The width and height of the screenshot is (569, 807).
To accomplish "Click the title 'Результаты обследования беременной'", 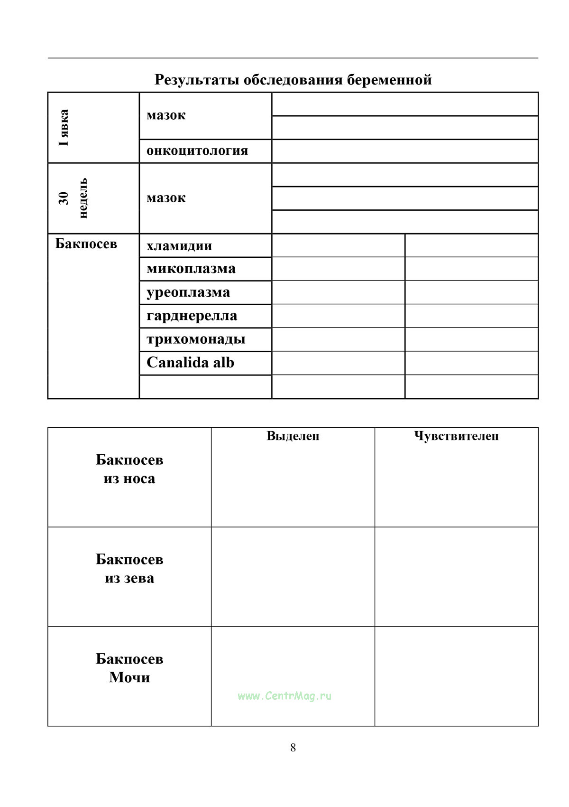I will point(293,79).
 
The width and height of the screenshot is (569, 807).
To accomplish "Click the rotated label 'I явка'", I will point(64,128).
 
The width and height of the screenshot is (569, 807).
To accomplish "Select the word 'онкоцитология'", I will point(197,150).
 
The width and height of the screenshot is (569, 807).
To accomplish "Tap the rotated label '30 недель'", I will point(73,198).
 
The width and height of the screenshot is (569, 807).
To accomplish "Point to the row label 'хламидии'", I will point(179,246).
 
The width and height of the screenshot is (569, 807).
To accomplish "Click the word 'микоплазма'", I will point(191,269).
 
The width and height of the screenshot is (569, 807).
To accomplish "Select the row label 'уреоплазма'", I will point(188,292).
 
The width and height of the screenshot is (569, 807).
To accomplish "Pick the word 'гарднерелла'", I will point(192,316).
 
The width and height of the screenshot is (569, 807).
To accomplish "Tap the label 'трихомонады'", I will point(196,339).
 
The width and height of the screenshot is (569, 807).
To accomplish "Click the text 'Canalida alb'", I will point(191,363).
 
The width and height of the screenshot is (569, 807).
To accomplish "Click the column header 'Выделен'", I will point(293,436).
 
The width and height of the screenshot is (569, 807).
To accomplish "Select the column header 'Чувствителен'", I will point(456,436).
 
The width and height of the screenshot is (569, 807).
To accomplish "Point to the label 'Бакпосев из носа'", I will point(129,469).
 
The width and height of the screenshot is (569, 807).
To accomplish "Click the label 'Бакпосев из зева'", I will point(129,569).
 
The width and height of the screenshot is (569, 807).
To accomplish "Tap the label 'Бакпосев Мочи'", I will point(129,668).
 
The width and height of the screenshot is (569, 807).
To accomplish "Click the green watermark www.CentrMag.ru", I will point(284,696).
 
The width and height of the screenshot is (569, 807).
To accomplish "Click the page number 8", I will point(293,748).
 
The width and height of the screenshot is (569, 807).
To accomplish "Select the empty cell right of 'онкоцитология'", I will point(405,151).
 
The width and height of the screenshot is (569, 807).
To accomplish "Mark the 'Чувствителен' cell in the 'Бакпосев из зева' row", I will point(456,577).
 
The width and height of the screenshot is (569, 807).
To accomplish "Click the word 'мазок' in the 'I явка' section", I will point(166,115).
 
